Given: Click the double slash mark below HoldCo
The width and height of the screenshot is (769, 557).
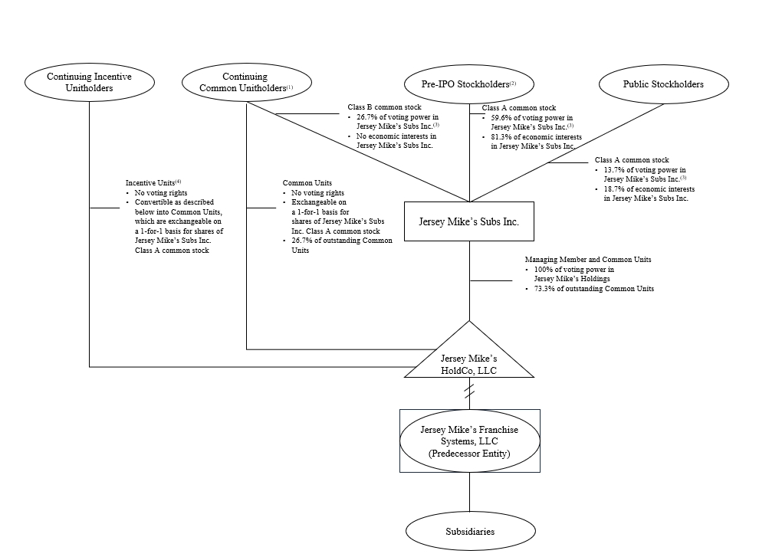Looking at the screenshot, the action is click(469, 391).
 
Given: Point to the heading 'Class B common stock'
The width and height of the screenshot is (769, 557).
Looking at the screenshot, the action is click(385, 106).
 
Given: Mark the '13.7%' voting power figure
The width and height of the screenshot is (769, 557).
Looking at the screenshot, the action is click(613, 169).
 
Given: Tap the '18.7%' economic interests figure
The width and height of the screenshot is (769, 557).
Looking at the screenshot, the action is click(613, 188).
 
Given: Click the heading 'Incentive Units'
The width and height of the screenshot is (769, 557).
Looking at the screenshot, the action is click(150, 182).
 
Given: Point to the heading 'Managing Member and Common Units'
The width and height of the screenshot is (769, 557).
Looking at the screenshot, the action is click(588, 259).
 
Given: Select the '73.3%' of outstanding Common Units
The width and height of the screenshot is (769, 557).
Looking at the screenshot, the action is click(544, 289).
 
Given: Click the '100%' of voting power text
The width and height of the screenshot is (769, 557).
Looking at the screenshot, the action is click(544, 270).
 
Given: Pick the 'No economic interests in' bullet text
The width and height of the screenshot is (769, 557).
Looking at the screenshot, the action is click(396, 136).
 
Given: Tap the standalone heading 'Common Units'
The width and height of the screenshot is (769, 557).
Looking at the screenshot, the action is click(307, 182).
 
